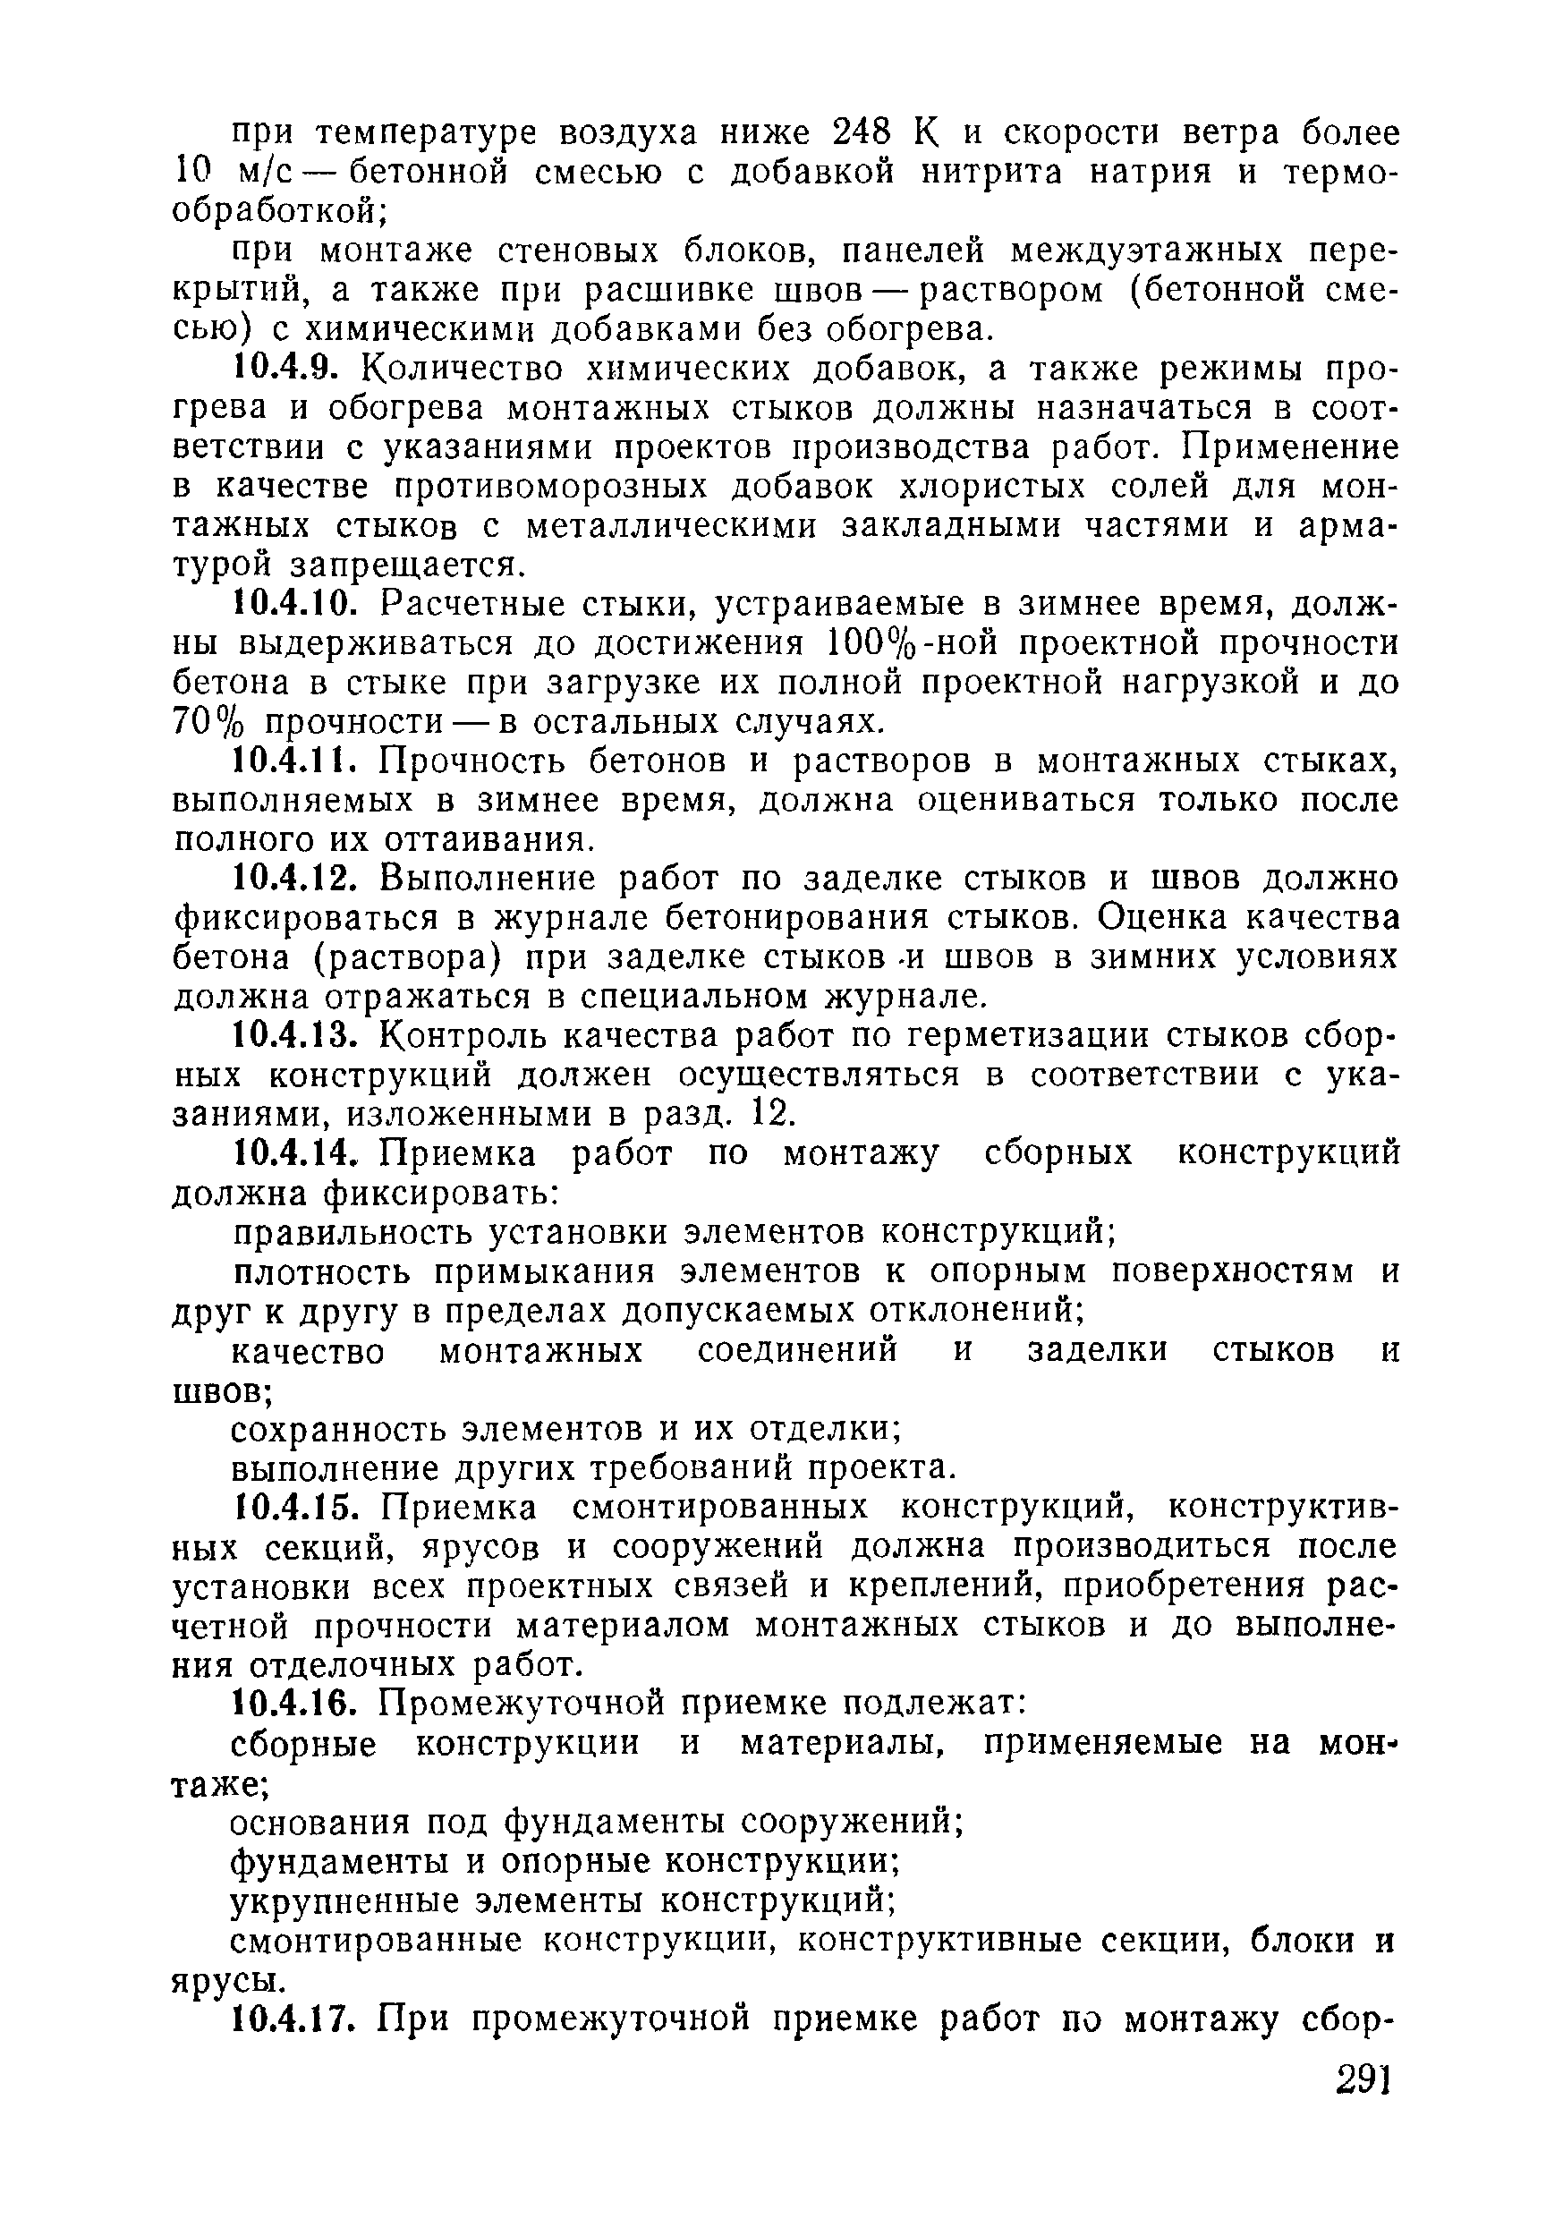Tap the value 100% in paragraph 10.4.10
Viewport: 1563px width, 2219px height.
coord(876,643)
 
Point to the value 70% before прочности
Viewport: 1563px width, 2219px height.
coord(208,723)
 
